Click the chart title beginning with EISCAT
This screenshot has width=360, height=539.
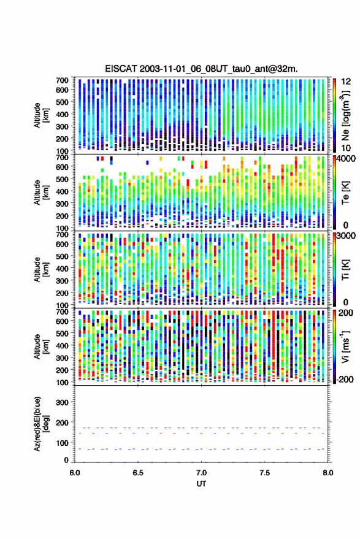tap(201, 69)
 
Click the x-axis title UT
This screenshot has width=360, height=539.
tap(201, 484)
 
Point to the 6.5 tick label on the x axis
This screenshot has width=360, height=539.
tap(138, 473)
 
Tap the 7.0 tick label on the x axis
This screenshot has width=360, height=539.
tap(201, 473)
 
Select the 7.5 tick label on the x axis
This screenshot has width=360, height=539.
tap(264, 473)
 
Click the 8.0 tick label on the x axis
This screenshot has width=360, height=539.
tap(327, 473)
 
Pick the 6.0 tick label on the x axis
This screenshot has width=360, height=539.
tap(75, 473)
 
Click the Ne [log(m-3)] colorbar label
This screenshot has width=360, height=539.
tap(345, 115)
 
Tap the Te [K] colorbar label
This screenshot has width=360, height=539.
tap(345, 192)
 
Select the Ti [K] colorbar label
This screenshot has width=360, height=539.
tap(345, 269)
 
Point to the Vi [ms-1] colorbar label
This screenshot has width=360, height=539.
tap(345, 346)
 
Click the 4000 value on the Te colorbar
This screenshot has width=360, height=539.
tap(347, 159)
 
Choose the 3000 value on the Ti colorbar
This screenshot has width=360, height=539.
tap(347, 236)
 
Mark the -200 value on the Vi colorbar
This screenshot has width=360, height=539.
tap(345, 379)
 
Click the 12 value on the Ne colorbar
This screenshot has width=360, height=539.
tap(346, 82)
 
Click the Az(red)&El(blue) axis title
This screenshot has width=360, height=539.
tap(41, 424)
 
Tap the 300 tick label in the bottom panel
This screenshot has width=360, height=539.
tap(62, 402)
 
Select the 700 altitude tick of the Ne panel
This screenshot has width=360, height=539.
tap(62, 80)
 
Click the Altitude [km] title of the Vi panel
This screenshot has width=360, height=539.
tap(41, 346)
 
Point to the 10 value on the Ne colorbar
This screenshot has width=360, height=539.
tap(346, 148)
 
